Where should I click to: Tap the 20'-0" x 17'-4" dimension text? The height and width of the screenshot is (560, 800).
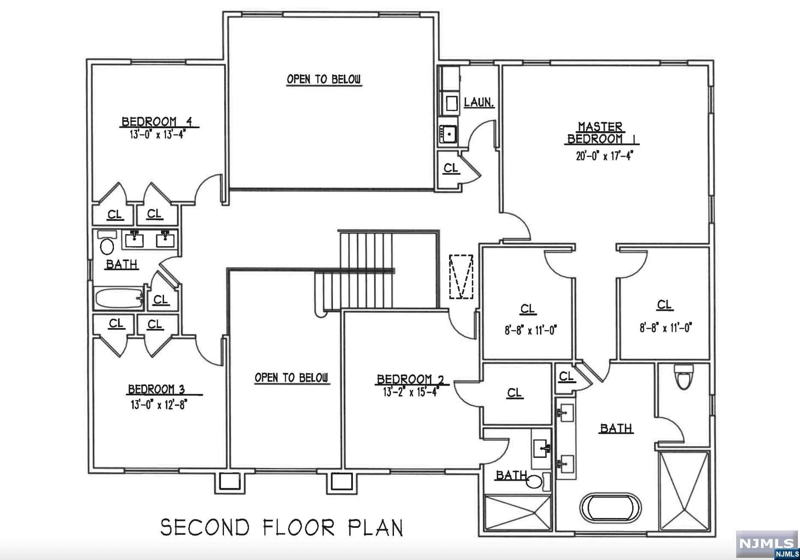click(x=604, y=156)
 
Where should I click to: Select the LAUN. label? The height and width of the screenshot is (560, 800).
click(x=479, y=103)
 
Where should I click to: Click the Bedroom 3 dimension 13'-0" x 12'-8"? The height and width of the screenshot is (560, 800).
click(x=159, y=405)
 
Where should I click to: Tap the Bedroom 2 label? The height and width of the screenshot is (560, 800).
click(x=410, y=379)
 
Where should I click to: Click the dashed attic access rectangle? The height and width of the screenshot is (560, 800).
click(x=461, y=277)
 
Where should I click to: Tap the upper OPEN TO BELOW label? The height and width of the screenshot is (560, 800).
click(x=324, y=79)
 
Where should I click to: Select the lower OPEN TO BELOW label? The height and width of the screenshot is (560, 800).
click(x=292, y=378)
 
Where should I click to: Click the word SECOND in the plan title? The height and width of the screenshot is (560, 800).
click(x=205, y=527)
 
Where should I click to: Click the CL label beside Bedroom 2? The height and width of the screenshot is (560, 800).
click(x=514, y=393)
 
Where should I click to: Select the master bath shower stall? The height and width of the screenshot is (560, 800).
click(x=684, y=491)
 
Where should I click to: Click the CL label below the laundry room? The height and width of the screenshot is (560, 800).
click(x=451, y=168)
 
